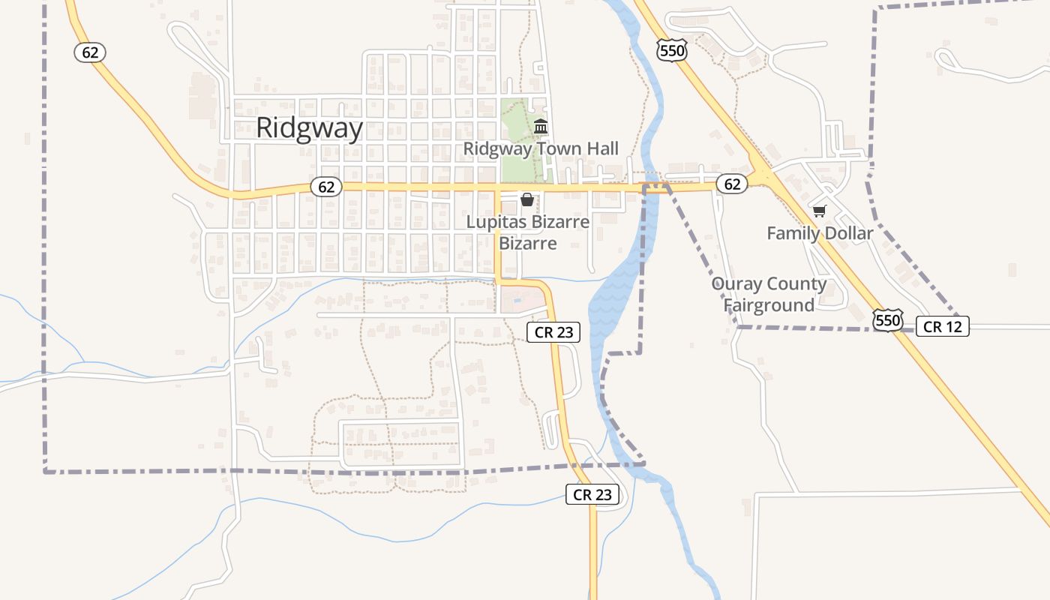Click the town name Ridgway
click(x=309, y=128)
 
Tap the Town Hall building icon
click(x=541, y=127)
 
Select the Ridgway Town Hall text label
click(x=541, y=148)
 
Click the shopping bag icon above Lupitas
click(x=527, y=199)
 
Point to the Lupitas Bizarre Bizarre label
click(x=528, y=232)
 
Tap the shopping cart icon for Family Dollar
click(x=819, y=211)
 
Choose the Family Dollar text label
click(x=820, y=233)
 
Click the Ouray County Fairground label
click(x=769, y=295)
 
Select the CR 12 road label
click(x=943, y=326)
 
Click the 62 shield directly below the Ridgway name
click(x=326, y=187)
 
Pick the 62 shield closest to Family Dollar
click(x=732, y=184)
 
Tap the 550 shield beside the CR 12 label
click(x=887, y=321)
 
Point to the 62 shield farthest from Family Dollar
click(x=90, y=52)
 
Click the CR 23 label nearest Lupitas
click(x=553, y=332)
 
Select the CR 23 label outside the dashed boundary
click(x=592, y=494)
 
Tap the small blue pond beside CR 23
click(x=517, y=300)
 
